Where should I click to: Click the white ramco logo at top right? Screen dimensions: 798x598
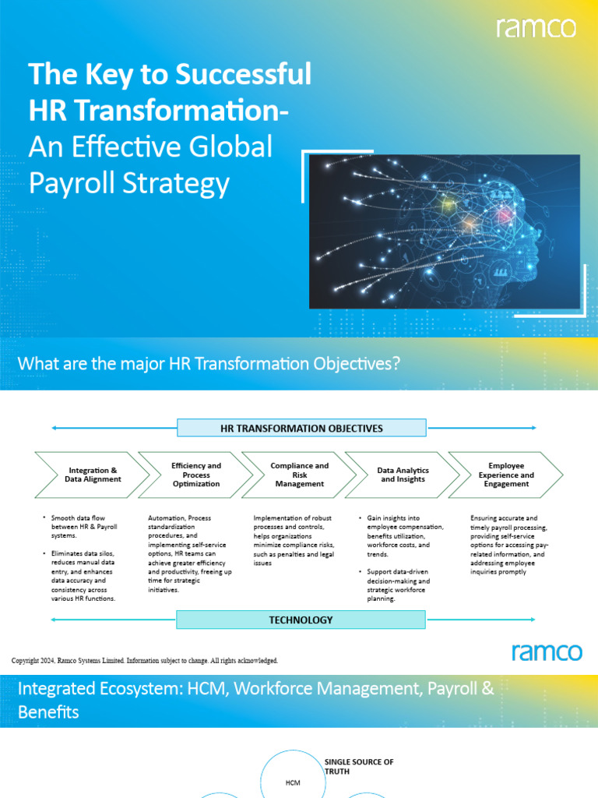(x=537, y=28)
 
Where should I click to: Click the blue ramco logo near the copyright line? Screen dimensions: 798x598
(x=547, y=651)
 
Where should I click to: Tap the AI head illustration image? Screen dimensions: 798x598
(x=445, y=231)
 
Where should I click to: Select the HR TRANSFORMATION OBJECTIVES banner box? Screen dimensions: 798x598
(x=301, y=428)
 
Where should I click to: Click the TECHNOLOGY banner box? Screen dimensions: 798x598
(x=301, y=620)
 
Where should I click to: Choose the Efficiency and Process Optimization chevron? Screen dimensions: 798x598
(x=196, y=475)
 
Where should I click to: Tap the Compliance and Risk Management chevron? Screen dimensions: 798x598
(x=300, y=475)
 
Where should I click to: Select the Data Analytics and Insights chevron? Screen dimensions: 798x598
(x=403, y=475)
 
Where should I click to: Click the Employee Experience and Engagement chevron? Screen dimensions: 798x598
(x=506, y=475)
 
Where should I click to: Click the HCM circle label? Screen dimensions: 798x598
(x=293, y=782)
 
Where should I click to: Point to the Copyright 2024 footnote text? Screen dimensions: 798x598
(x=145, y=661)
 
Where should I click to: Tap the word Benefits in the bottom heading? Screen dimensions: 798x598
(x=48, y=711)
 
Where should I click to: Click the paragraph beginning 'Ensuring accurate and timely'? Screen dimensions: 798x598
(x=509, y=545)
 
